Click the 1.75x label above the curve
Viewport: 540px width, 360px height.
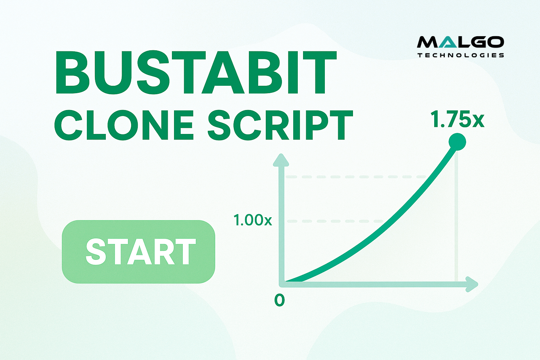[x=457, y=119]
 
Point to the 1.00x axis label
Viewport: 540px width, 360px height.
[x=253, y=220]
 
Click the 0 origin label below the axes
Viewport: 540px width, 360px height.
[x=279, y=301]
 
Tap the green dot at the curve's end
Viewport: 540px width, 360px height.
[x=457, y=142]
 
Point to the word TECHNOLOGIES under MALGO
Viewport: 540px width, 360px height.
[x=461, y=55]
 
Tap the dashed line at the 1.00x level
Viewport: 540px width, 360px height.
[x=335, y=221]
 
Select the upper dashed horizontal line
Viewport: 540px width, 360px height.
[x=356, y=177]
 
